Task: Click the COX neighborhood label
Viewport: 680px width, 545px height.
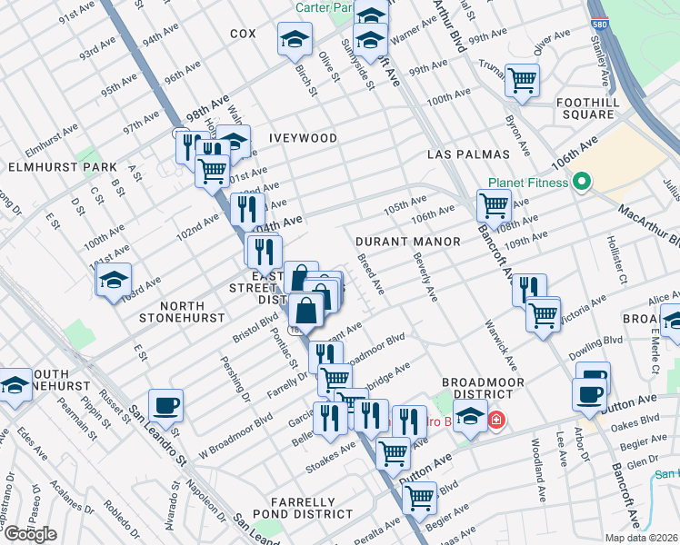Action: pyautogui.click(x=244, y=34)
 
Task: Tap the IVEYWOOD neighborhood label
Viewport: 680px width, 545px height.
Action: pyautogui.click(x=303, y=138)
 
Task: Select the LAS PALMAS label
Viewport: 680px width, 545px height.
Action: pyautogui.click(x=460, y=155)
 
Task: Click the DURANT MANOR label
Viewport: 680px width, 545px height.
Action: pyautogui.click(x=396, y=243)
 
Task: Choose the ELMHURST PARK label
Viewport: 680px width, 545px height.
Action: pyautogui.click(x=63, y=167)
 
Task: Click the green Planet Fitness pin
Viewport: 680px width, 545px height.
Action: pyautogui.click(x=578, y=183)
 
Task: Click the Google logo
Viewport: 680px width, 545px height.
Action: pyautogui.click(x=30, y=534)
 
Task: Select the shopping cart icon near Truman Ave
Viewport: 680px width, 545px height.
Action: pyautogui.click(x=522, y=80)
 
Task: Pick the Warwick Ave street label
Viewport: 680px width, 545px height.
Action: pyautogui.click(x=501, y=344)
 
